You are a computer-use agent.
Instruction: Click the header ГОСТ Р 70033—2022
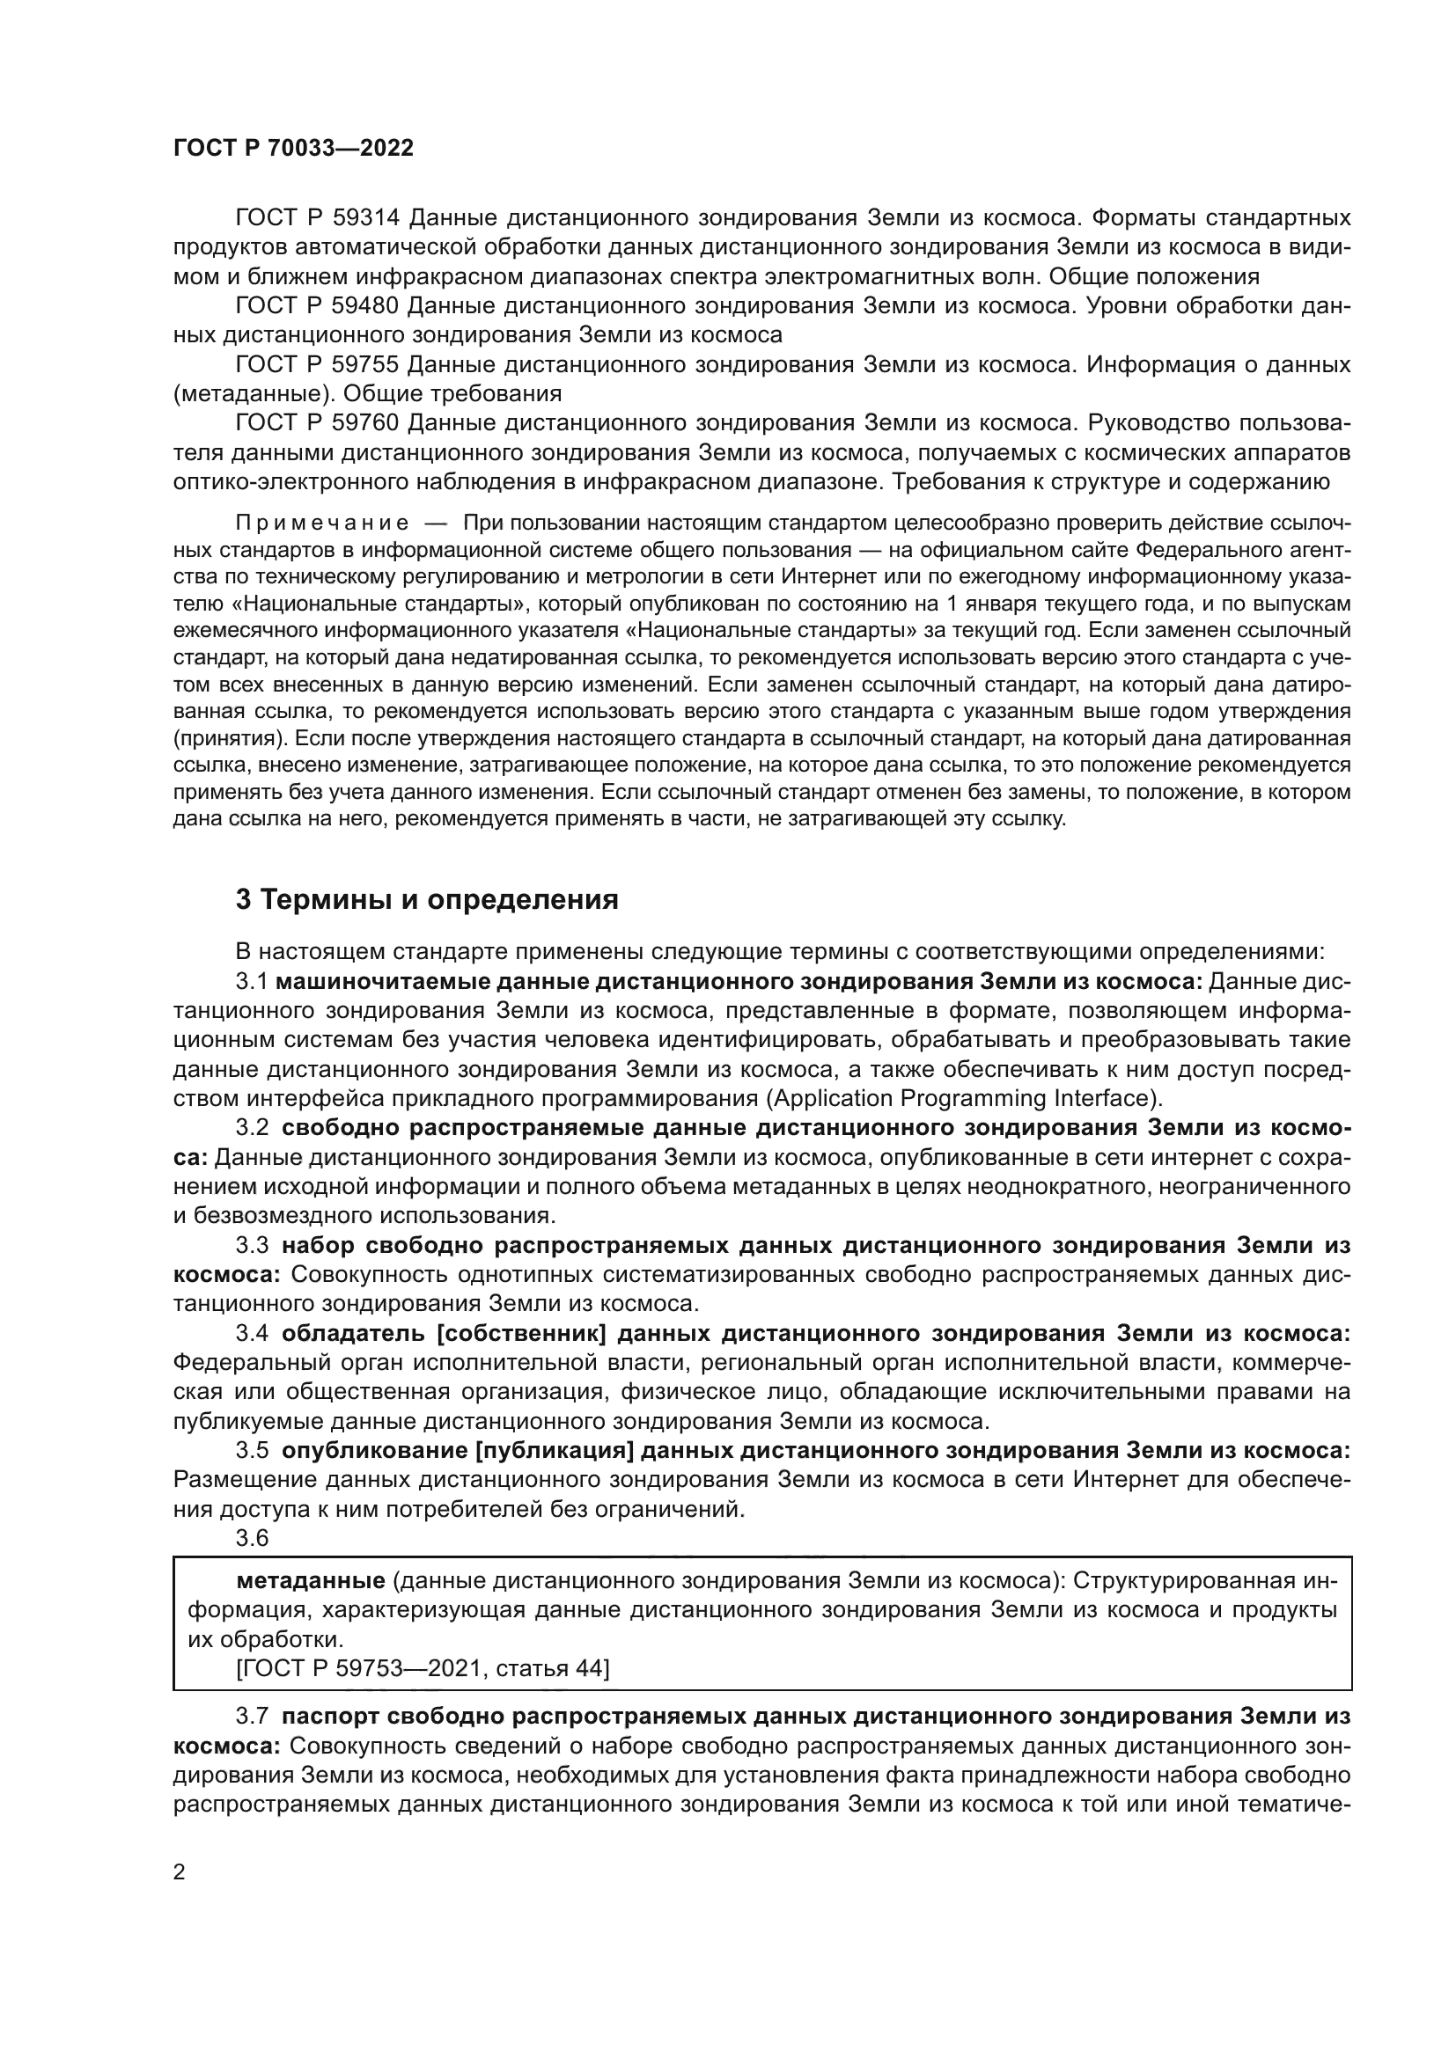pyautogui.click(x=293, y=149)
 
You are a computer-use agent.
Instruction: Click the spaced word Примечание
pyautogui.click(x=322, y=523)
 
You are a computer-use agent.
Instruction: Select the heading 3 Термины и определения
pyautogui.click(x=427, y=900)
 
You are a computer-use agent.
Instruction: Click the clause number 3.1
pyautogui.click(x=252, y=982)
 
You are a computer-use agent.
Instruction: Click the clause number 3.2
pyautogui.click(x=252, y=1128)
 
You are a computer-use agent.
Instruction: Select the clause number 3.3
pyautogui.click(x=252, y=1245)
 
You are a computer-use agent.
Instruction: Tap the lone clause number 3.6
pyautogui.click(x=252, y=1538)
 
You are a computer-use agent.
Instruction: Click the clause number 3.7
pyautogui.click(x=252, y=1716)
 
